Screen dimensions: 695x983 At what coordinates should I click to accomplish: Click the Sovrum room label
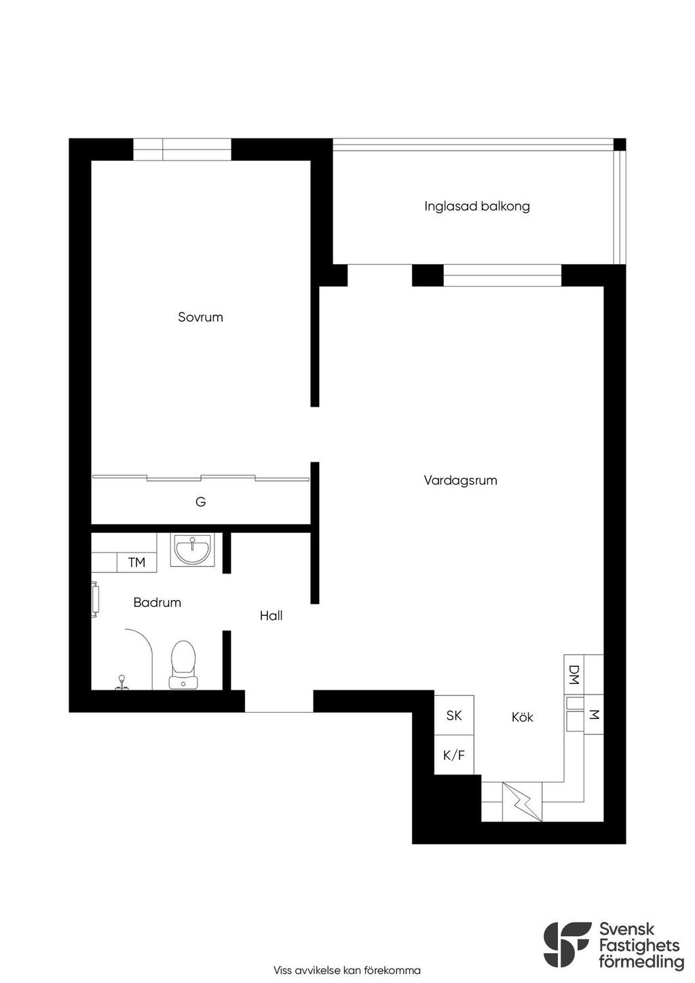200,317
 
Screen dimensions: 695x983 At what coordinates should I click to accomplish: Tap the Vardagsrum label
460,480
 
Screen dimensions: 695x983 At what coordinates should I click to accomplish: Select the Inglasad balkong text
477,206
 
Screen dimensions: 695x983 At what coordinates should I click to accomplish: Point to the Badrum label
157,602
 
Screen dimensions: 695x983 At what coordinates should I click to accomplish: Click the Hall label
271,616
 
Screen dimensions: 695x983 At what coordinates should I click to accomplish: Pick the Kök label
522,717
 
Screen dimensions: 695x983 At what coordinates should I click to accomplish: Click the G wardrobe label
200,502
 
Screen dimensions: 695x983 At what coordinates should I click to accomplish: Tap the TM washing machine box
136,562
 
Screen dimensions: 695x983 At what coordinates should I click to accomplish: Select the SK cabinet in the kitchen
453,716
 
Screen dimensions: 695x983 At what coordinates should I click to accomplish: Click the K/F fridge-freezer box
453,755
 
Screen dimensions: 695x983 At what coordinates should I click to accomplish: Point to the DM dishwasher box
574,675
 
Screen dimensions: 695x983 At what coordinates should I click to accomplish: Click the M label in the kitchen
593,715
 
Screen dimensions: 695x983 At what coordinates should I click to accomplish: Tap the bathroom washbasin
192,550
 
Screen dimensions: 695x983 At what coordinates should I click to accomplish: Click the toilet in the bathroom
183,665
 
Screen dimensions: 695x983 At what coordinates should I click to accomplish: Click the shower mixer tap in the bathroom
122,683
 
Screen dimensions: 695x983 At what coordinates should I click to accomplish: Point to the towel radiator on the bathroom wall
95,599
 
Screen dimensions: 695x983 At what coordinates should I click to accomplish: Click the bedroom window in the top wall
182,149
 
